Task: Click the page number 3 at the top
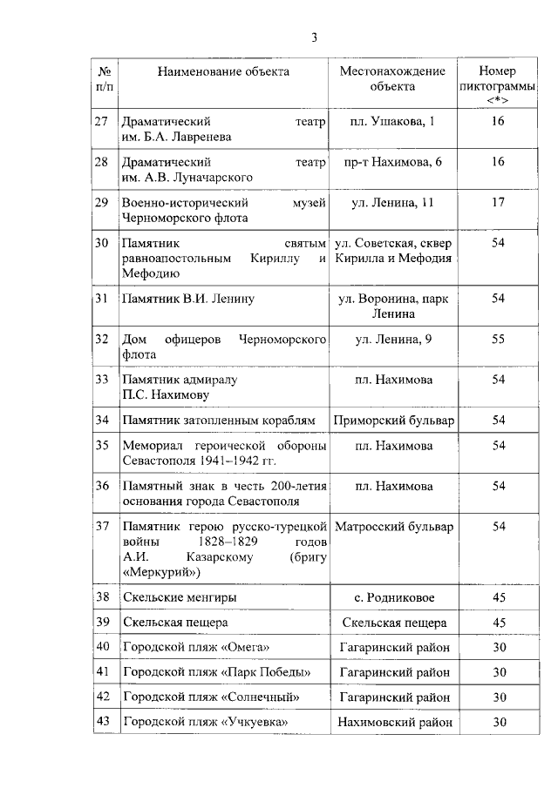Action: point(315,37)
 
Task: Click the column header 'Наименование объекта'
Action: point(223,71)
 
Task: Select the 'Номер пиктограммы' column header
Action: point(498,85)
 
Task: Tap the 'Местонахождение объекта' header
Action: point(392,78)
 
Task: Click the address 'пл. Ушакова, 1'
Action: point(392,123)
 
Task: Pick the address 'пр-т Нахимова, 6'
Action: point(392,163)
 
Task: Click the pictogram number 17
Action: point(498,203)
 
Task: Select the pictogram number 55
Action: point(498,339)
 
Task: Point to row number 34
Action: point(102,420)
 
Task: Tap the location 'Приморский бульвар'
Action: point(393,420)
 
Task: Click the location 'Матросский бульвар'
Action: point(393,527)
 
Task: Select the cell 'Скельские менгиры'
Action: point(180,598)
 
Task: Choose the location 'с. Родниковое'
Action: point(393,598)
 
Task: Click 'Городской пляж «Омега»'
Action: point(196,647)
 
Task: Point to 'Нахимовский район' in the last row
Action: point(393,722)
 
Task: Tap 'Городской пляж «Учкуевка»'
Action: point(205,722)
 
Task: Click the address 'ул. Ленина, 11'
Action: point(392,203)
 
